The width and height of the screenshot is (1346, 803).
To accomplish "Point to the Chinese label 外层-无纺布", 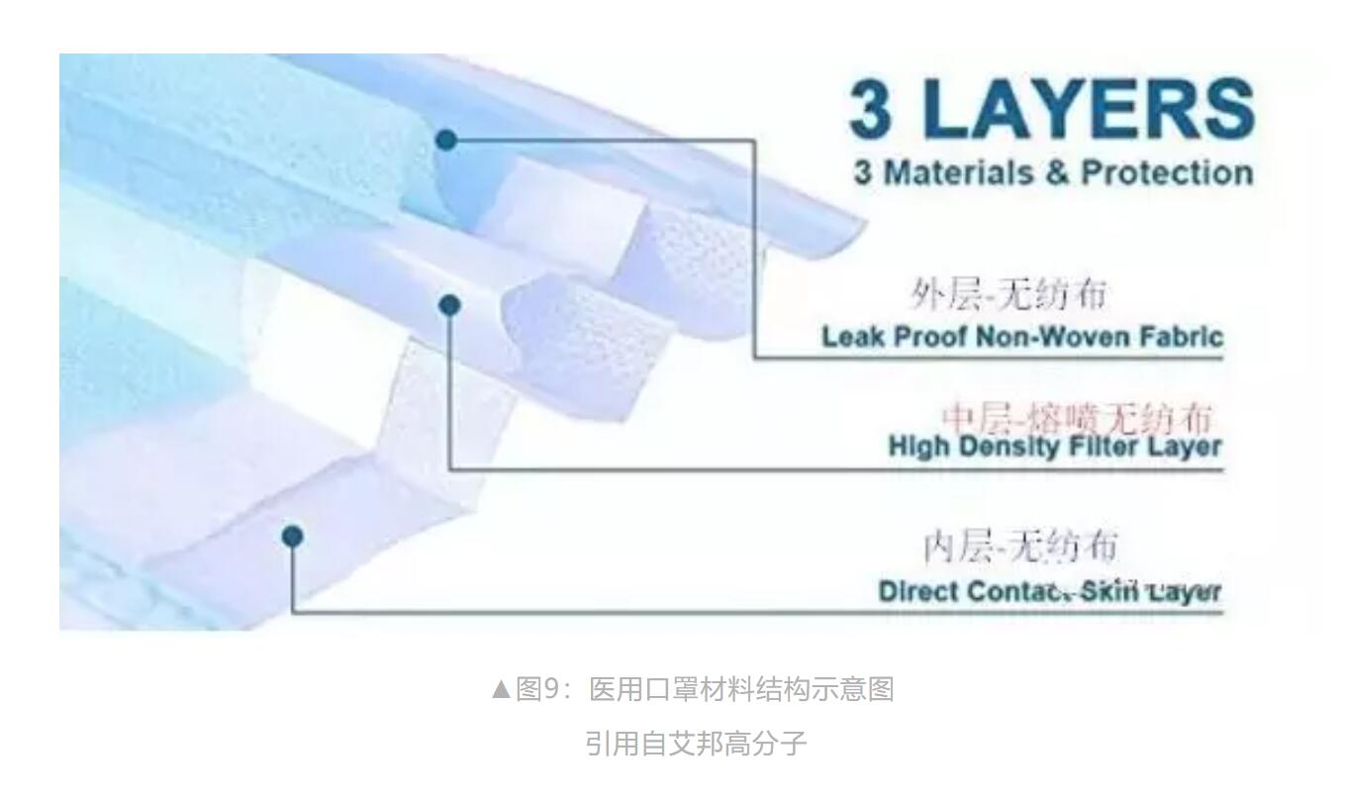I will pyautogui.click(x=1008, y=294).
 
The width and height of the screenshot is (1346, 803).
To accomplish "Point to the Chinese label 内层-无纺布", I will pyautogui.click(x=1020, y=546).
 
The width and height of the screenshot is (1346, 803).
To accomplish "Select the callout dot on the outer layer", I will pyautogui.click(x=446, y=140).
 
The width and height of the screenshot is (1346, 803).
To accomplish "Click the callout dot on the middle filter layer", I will pyautogui.click(x=450, y=305).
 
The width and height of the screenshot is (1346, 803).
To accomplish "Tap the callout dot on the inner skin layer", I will pyautogui.click(x=292, y=536).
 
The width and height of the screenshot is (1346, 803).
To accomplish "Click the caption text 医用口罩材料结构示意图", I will pyautogui.click(x=741, y=689).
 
